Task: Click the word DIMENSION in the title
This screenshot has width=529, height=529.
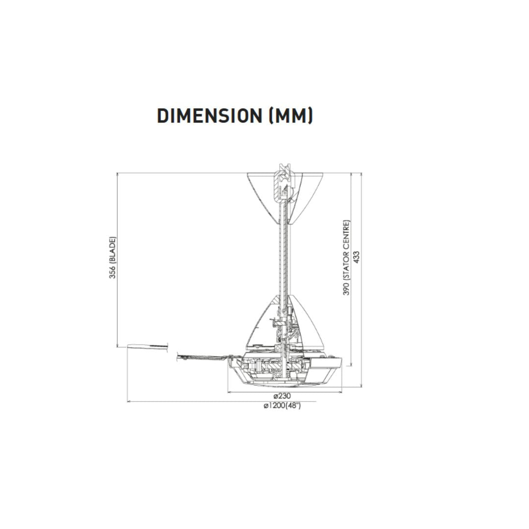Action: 210,116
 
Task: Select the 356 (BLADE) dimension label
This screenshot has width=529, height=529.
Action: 112,258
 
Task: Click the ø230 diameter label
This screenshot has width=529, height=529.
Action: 282,396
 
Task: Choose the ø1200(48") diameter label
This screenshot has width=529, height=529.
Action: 282,406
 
